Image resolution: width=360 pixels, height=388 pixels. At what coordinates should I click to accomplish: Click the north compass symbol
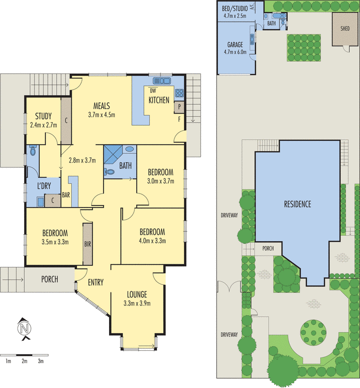(x=23, y=328)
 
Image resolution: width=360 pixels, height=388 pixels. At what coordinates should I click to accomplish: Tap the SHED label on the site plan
(x=345, y=28)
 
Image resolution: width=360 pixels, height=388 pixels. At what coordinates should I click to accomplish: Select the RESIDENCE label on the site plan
(x=297, y=204)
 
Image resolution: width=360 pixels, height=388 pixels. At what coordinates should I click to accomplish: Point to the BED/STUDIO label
(x=235, y=9)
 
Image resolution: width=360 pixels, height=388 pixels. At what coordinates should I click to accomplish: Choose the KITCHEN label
(x=159, y=100)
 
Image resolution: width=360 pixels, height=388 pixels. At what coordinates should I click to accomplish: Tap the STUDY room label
(x=43, y=116)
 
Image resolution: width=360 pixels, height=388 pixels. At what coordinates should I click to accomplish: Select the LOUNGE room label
(x=137, y=294)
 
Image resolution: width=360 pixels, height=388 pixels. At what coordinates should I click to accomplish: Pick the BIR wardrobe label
(x=88, y=244)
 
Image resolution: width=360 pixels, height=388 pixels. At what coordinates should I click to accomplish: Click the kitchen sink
(x=161, y=81)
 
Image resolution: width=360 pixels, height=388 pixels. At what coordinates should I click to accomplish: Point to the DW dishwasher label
(x=153, y=90)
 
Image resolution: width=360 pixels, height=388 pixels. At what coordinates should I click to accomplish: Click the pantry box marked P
(x=179, y=107)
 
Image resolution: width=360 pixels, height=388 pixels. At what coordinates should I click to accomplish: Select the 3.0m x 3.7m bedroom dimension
(x=161, y=181)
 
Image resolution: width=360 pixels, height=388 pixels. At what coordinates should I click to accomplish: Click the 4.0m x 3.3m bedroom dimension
(x=153, y=241)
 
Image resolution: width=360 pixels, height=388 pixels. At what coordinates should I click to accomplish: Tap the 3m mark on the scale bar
(x=41, y=361)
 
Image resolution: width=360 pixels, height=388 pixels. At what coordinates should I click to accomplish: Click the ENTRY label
(x=95, y=282)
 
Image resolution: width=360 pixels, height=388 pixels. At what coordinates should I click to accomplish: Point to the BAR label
(x=66, y=195)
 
